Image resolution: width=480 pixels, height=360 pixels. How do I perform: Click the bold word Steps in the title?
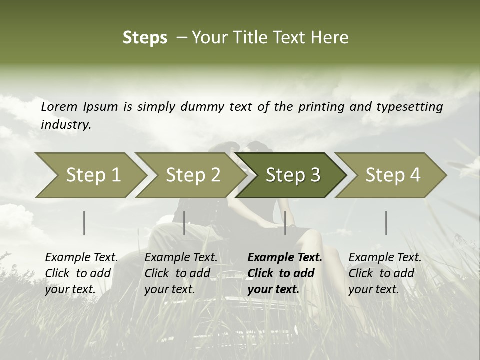click(x=145, y=38)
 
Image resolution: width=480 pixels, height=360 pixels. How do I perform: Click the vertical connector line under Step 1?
click(x=84, y=223)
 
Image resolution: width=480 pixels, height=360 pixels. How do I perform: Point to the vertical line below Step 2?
click(x=184, y=223)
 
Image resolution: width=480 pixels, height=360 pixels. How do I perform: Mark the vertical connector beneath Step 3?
click(x=285, y=223)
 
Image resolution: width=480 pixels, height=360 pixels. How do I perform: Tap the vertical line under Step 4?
click(x=386, y=223)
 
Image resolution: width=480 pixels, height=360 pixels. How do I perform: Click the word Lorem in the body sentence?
click(x=59, y=107)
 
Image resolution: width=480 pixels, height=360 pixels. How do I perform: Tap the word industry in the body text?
click(x=66, y=125)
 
